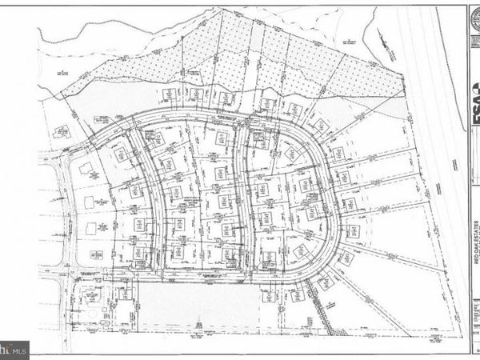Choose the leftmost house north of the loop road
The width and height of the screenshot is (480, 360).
(x=170, y=94)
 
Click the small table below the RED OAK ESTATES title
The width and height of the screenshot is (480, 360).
(x=474, y=312)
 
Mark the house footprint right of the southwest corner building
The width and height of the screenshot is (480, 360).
(x=125, y=294)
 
